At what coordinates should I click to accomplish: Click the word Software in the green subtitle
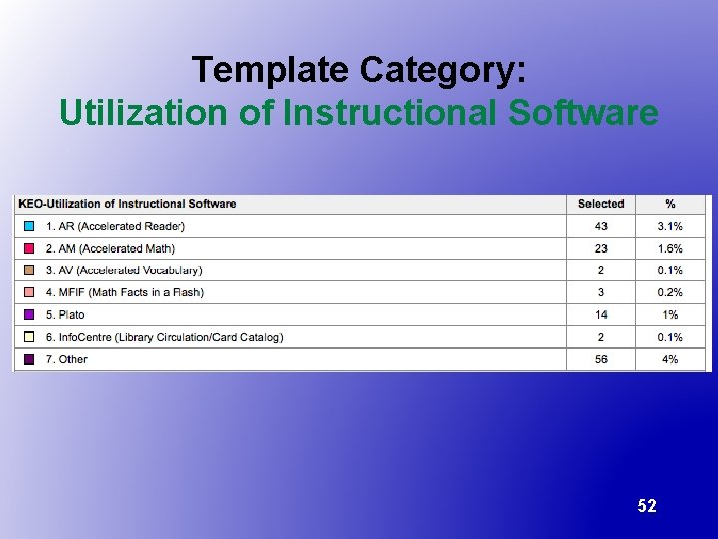pos(583,112)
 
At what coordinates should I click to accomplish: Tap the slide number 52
pos(647,506)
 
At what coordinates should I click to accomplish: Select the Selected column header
pos(601,204)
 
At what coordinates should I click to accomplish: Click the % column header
pos(670,204)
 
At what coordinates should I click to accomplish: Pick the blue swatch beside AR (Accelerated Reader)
pos(30,226)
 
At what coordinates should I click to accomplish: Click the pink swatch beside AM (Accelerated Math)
pos(30,249)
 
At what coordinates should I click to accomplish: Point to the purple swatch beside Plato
pos(30,315)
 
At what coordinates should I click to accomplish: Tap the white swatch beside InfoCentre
pos(30,337)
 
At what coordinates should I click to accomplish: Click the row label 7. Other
pos(66,359)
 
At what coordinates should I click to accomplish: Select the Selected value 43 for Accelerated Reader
pos(601,226)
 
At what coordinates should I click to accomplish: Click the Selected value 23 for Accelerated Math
pos(601,249)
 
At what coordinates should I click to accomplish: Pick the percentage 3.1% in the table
pos(670,226)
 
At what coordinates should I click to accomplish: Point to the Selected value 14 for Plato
pos(601,315)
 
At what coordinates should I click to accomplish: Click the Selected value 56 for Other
pos(601,359)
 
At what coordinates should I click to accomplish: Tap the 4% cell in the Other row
pos(670,359)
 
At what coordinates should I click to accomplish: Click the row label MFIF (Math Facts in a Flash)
pos(124,292)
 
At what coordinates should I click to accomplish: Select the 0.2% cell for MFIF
pos(670,292)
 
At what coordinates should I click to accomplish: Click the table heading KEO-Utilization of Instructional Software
pos(128,204)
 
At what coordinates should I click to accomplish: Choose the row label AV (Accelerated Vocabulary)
pos(124,270)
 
